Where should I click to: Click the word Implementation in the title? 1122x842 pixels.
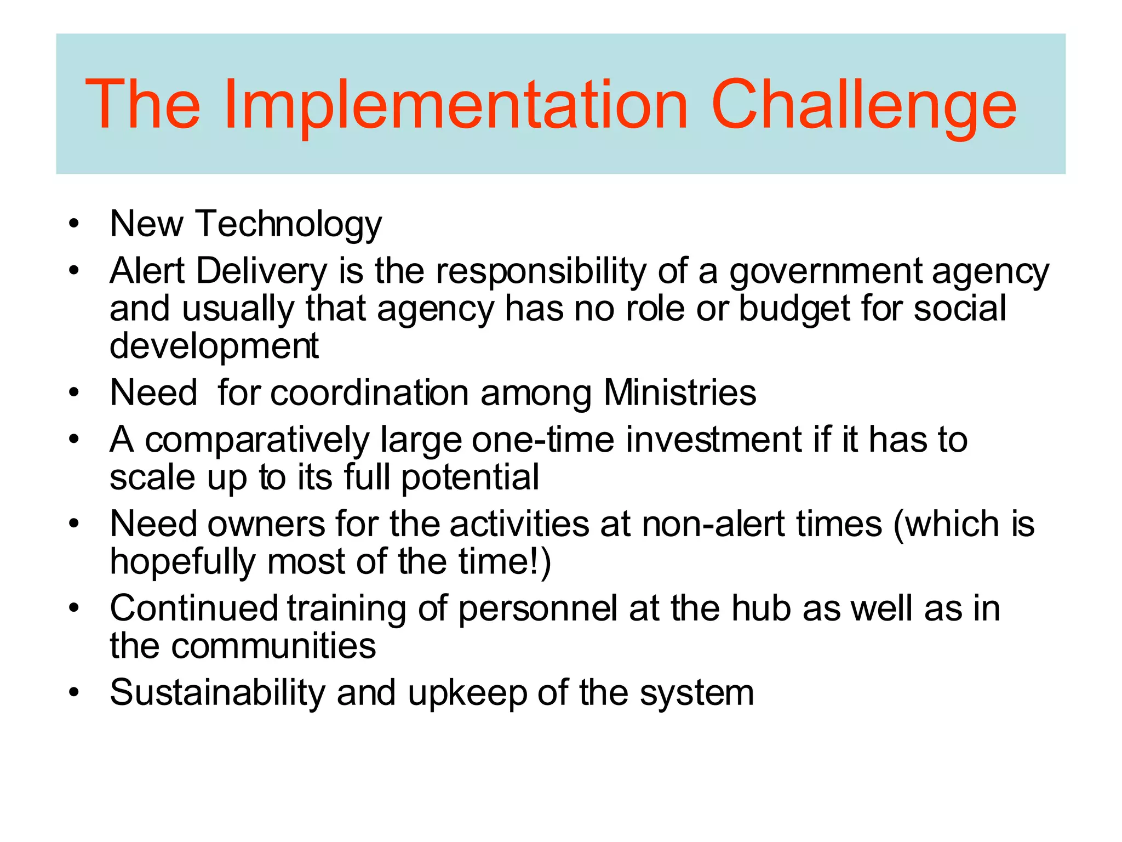point(456,105)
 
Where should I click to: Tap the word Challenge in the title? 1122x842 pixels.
point(863,105)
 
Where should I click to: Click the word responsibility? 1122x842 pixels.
point(541,271)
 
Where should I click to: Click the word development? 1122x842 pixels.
point(214,346)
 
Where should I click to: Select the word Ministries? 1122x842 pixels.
point(679,393)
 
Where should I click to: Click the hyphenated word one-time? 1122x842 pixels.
point(542,440)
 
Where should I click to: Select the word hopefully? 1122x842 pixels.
point(182,562)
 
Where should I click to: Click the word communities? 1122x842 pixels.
point(273,646)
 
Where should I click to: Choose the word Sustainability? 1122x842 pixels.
point(217,693)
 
